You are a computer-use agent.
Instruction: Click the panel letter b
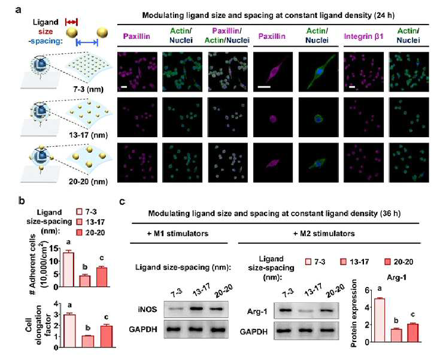pos(22,201)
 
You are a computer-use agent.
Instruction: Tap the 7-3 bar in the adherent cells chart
pos(68,270)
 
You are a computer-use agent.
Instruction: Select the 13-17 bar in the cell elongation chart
pos(88,341)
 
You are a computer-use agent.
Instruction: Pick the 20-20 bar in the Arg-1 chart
pos(413,332)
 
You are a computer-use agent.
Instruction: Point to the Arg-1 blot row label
pos(257,311)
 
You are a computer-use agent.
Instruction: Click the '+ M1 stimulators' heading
pos(178,234)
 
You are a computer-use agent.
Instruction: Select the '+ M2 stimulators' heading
pos(324,234)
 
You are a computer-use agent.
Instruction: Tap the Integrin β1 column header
pos(363,36)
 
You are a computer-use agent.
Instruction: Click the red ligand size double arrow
pos(71,22)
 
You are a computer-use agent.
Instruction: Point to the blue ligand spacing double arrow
pos(87,43)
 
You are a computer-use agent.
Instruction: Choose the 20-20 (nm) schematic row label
pos(88,181)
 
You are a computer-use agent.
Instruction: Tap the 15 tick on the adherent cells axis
pos(54,249)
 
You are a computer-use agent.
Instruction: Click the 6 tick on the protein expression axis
pos(367,291)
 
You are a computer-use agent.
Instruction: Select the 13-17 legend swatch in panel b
pos(80,222)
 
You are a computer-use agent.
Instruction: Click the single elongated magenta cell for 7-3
pos(274,71)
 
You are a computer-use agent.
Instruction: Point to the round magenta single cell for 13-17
pos(273,118)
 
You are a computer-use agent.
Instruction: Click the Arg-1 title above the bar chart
pos(397,277)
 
